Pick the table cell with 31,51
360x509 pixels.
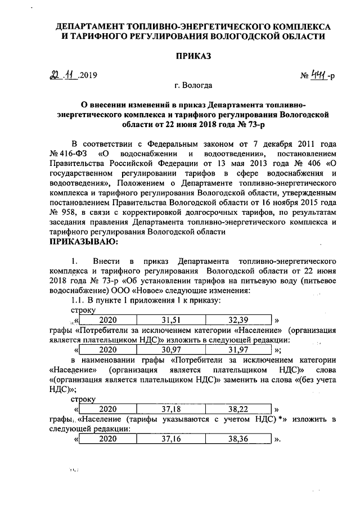point(170,320)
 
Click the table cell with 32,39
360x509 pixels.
point(239,320)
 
